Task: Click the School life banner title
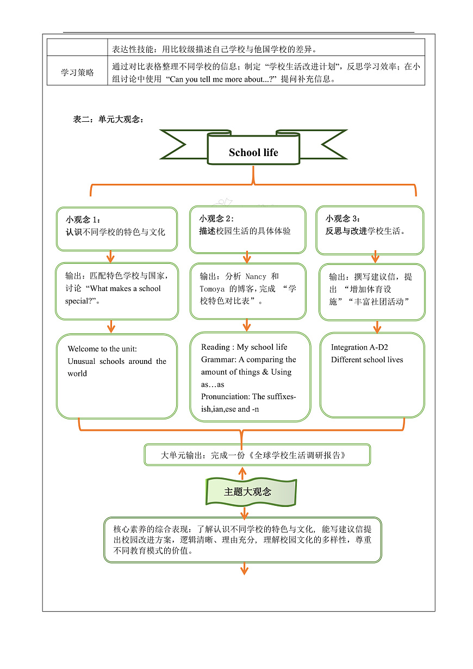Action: tap(253, 153)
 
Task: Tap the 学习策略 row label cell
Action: tap(77, 73)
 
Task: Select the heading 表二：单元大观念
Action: tap(108, 120)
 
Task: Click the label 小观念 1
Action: tap(83, 220)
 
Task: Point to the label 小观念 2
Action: tap(216, 219)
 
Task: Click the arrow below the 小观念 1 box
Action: tap(111, 256)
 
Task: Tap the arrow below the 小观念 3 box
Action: tap(375, 257)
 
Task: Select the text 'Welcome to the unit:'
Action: tap(102, 349)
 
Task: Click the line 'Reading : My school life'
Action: tap(244, 347)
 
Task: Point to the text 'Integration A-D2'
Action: tap(359, 347)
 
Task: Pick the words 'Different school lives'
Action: tap(367, 360)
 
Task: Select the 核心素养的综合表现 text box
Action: tap(242, 539)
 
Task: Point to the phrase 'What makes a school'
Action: tap(126, 289)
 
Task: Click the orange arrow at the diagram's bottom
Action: tap(244, 569)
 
